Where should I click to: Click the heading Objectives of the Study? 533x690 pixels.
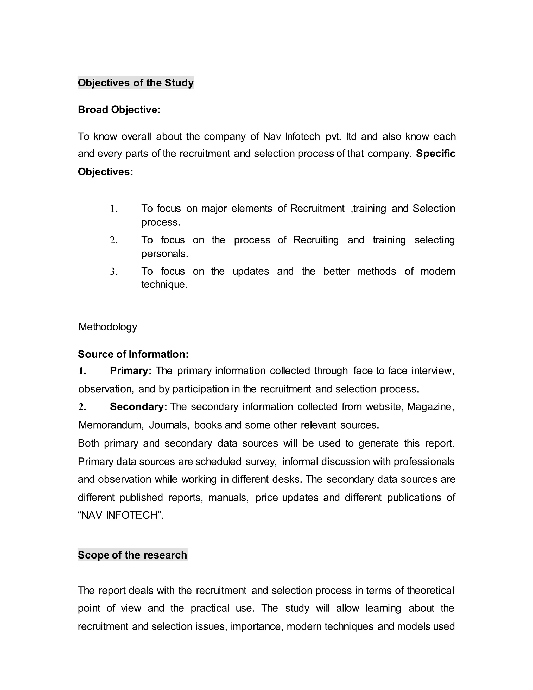(x=136, y=83)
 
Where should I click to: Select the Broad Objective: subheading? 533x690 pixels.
(x=119, y=110)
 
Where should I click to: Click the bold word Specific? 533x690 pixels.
(x=435, y=154)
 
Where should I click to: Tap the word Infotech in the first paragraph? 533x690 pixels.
(x=302, y=136)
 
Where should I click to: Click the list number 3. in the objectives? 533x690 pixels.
(x=114, y=271)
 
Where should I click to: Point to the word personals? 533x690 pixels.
(x=164, y=253)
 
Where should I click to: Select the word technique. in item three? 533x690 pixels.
(x=164, y=284)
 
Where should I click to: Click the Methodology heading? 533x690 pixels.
(x=108, y=327)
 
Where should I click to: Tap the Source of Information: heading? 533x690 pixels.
(x=133, y=354)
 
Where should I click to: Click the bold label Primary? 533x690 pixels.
(x=131, y=371)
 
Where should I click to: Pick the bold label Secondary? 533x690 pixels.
(x=138, y=407)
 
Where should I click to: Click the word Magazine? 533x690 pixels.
(x=430, y=407)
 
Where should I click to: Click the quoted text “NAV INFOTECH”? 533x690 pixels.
(x=120, y=515)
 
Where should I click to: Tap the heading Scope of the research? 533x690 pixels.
(x=132, y=555)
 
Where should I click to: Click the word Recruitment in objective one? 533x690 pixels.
(x=317, y=209)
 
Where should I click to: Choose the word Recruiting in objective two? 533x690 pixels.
(x=316, y=240)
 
